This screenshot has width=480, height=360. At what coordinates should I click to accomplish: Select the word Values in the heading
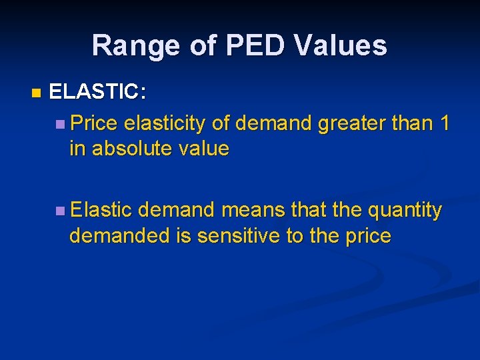tap(344, 45)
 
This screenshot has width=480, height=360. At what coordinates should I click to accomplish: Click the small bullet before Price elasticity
tap(61, 123)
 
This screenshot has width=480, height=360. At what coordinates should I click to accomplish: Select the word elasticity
tap(165, 123)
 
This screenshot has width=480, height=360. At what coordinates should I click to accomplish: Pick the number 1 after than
tap(444, 123)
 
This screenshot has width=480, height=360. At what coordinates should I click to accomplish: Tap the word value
tap(205, 148)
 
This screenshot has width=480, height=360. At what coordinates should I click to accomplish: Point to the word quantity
tap(405, 211)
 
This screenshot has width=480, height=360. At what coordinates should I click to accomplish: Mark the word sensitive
tap(236, 236)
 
